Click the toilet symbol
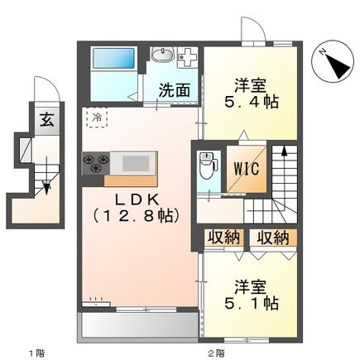209,166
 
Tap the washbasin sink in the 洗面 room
162,54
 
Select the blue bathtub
113,58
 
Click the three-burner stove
96,163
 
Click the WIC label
247,169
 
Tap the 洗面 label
175,90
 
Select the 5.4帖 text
251,103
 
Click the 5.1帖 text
251,303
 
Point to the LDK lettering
137,199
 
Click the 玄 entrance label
47,121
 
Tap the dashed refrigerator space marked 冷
97,118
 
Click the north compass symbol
333,61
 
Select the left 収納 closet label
223,238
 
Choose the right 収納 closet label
273,238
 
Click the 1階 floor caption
36,353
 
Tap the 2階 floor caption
217,353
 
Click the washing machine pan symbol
188,57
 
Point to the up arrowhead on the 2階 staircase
284,151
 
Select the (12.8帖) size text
137,216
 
